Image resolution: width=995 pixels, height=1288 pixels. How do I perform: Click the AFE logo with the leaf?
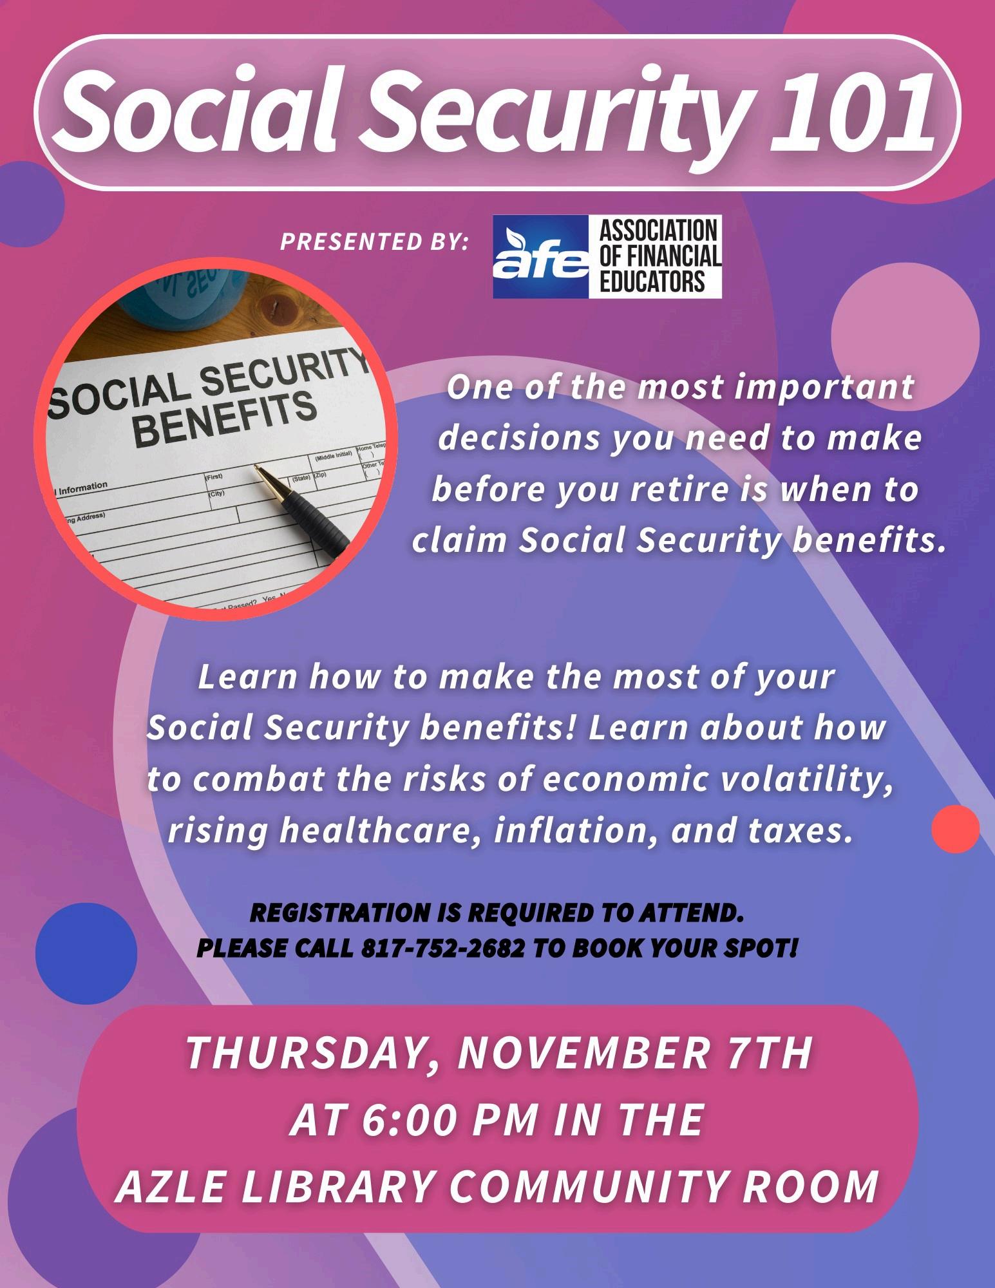(541, 257)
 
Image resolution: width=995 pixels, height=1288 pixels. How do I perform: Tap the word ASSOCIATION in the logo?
(658, 229)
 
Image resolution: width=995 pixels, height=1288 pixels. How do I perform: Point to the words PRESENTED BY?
(374, 242)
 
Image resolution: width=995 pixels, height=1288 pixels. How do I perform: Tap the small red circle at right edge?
(956, 829)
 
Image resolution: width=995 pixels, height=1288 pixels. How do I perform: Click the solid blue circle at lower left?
(86, 954)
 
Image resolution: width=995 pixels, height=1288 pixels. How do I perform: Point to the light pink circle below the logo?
(905, 336)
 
